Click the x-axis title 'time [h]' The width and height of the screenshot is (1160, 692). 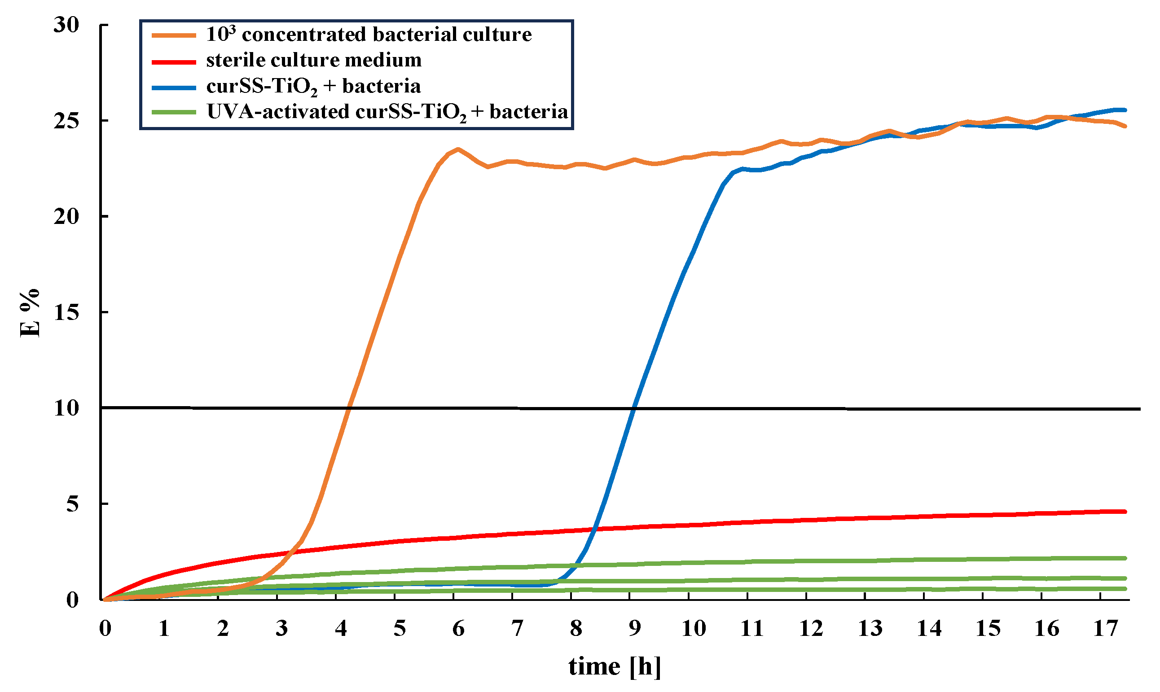pos(614,666)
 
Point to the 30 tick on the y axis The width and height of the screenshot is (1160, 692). pos(67,25)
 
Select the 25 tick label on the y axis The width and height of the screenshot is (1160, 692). pos(67,121)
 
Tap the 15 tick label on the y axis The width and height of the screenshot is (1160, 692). pos(67,313)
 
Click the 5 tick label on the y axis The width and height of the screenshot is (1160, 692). pos(72,504)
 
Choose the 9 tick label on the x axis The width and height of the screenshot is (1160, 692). pos(634,629)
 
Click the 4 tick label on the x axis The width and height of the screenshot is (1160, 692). pos(341,629)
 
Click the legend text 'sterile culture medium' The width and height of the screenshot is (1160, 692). pos(314,60)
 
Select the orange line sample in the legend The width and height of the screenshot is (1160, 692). pos(174,35)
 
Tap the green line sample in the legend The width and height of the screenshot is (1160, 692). pos(174,112)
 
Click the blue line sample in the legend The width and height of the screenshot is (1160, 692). pos(174,87)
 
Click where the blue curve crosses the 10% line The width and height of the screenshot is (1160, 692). pos(633,409)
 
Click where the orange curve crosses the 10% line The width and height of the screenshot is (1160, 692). pos(348,408)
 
